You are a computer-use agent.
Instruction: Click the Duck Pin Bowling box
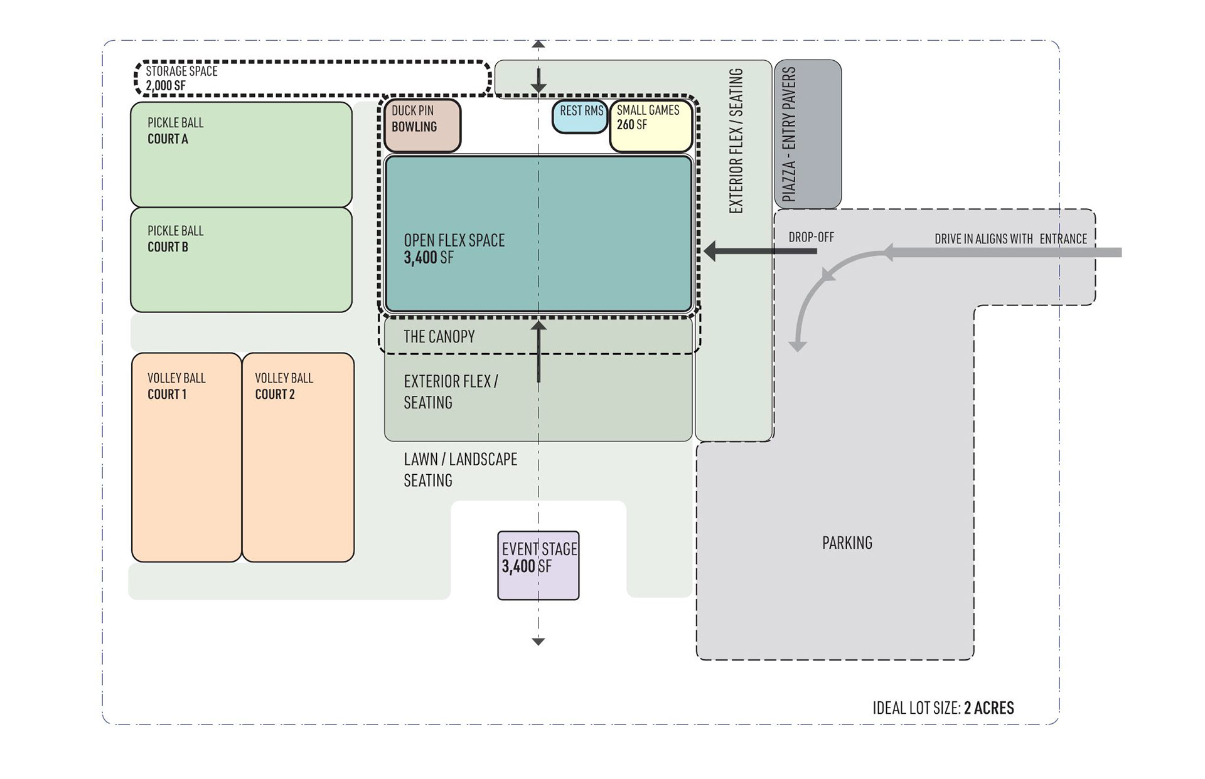click(422, 126)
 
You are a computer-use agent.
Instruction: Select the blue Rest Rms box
click(579, 117)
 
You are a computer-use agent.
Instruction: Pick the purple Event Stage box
click(538, 566)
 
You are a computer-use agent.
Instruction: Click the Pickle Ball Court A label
click(176, 130)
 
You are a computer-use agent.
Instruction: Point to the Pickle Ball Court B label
click(176, 239)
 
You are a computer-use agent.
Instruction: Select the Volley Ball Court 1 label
click(176, 386)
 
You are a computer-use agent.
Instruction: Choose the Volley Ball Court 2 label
click(284, 386)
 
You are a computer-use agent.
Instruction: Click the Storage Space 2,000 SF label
click(181, 78)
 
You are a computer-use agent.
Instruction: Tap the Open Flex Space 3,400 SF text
click(454, 249)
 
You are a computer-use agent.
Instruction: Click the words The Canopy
click(439, 337)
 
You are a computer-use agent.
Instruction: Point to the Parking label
click(847, 543)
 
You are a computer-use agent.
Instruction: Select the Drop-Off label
click(811, 237)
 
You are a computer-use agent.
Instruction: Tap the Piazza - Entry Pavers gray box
click(808, 134)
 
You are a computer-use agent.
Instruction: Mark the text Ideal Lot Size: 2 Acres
click(943, 708)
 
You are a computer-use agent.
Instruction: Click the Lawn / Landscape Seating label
click(460, 470)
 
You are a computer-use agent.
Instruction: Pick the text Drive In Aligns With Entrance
click(1010, 239)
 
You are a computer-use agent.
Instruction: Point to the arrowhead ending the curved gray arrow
click(798, 346)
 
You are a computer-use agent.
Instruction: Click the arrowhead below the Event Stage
click(538, 641)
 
